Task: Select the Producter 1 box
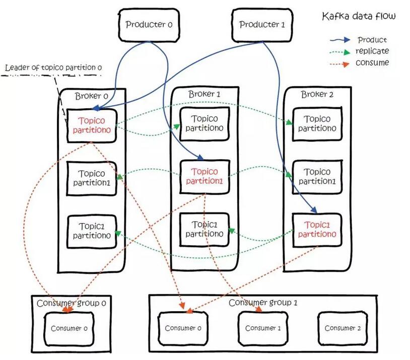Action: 258,24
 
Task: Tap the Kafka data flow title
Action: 359,17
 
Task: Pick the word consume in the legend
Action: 372,62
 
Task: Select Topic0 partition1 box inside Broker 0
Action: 92,178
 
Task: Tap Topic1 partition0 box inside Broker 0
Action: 92,230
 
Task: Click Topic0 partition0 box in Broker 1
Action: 204,123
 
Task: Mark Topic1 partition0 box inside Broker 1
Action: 204,229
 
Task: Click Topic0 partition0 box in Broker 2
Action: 317,123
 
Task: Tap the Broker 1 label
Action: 204,94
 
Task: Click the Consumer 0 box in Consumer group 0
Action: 69,328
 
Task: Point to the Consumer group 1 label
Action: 263,303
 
